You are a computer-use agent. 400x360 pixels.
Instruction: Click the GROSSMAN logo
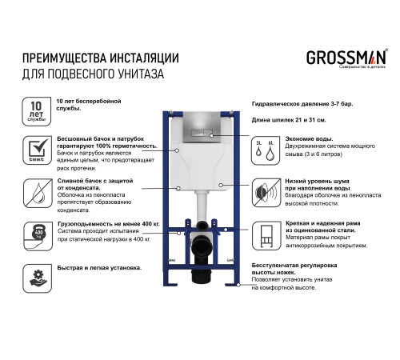[x=346, y=58]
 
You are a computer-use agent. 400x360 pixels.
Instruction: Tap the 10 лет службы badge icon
[x=36, y=111]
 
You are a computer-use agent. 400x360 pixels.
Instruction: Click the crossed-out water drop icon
[x=36, y=192]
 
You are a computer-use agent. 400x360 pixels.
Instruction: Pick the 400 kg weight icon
[x=36, y=233]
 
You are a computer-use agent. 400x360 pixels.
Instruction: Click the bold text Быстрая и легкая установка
[x=98, y=267]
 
